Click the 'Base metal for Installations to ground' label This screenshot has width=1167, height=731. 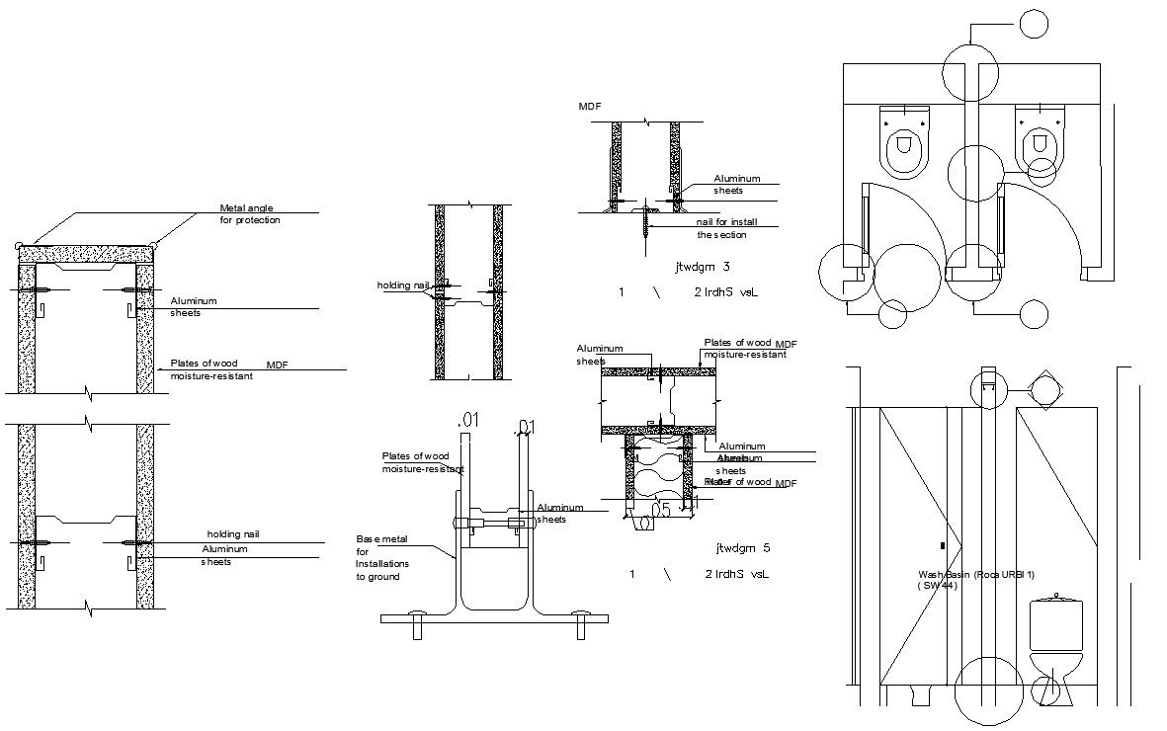click(x=380, y=557)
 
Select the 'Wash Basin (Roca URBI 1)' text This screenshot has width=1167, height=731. click(x=975, y=575)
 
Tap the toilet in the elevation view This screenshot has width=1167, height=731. click(x=1056, y=642)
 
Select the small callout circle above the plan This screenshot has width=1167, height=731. click(x=1033, y=25)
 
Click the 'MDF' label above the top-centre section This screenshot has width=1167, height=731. click(x=590, y=106)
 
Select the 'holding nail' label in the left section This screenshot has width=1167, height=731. click(x=232, y=533)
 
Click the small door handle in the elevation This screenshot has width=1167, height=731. click(x=943, y=545)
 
